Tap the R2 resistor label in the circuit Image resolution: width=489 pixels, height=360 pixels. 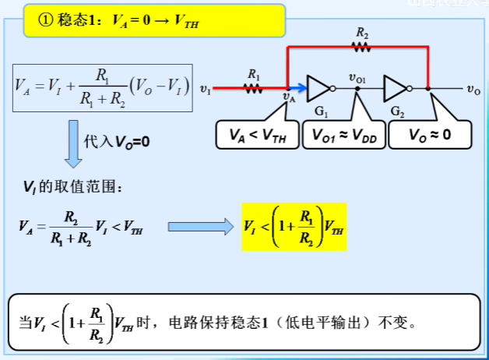coord(361,33)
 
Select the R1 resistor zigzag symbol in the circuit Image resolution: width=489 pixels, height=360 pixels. coord(253,88)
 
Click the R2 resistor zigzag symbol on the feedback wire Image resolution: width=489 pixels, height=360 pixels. coord(361,47)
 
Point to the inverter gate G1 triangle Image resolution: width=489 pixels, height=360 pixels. coord(320,88)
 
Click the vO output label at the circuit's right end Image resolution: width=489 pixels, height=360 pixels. coord(473,90)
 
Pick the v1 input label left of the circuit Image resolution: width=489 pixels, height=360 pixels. coord(205,90)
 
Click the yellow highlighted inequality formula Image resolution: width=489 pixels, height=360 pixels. coord(294,226)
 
